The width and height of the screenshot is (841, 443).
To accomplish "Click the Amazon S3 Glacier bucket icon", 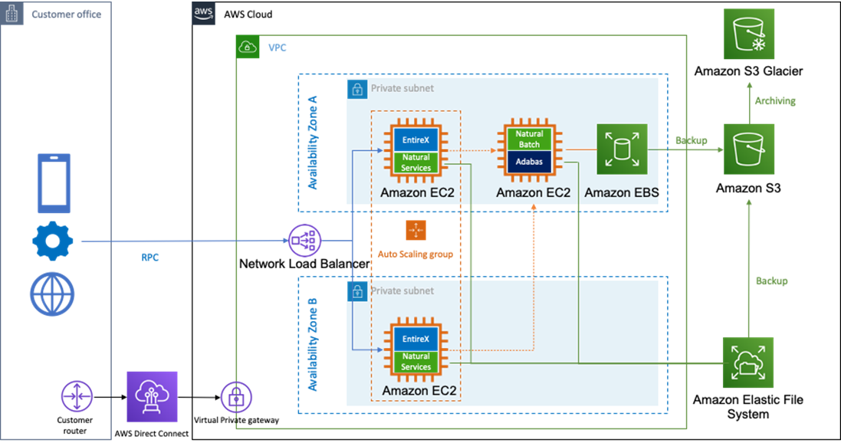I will pos(748,32).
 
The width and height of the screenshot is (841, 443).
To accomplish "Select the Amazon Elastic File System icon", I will pos(748,363).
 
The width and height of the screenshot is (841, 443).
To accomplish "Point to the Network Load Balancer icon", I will pos(303,242).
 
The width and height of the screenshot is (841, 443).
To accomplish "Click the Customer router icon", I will pos(77,395).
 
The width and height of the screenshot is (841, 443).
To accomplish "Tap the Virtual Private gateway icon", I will pos(235,396).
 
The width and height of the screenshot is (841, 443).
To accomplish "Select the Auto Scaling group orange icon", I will pos(415,230).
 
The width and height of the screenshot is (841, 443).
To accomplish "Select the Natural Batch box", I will pos(528,139).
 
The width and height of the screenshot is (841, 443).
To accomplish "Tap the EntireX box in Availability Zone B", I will pos(416,339).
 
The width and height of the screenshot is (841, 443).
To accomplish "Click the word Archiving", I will pos(775,100).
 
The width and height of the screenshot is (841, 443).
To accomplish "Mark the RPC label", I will pos(149,258).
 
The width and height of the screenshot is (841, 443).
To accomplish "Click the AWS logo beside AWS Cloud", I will pos(203,13).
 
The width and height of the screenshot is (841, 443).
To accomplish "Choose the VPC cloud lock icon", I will pos(248,47).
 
